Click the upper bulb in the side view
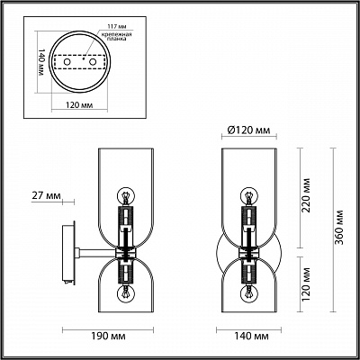pyautogui.click(x=127, y=195)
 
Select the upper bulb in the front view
pyautogui.click(x=247, y=195)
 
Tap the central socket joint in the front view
pyautogui.click(x=247, y=246)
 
